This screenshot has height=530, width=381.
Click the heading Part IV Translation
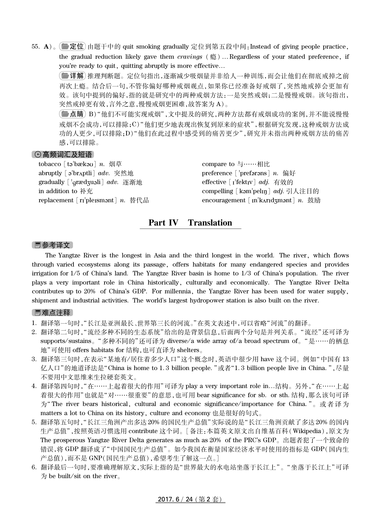190,223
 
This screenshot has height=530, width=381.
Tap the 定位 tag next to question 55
73,47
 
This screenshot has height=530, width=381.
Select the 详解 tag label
73,76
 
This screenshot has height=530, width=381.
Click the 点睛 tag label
73,114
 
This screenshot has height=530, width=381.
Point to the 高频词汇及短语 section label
63,154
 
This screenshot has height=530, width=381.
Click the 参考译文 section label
52,245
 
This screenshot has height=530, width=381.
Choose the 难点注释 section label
52,313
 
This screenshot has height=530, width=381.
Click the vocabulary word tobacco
50,164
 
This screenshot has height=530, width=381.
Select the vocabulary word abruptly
50,173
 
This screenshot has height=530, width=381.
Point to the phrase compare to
218,164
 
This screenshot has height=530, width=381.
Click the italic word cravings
190,57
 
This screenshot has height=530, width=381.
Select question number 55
35,47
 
